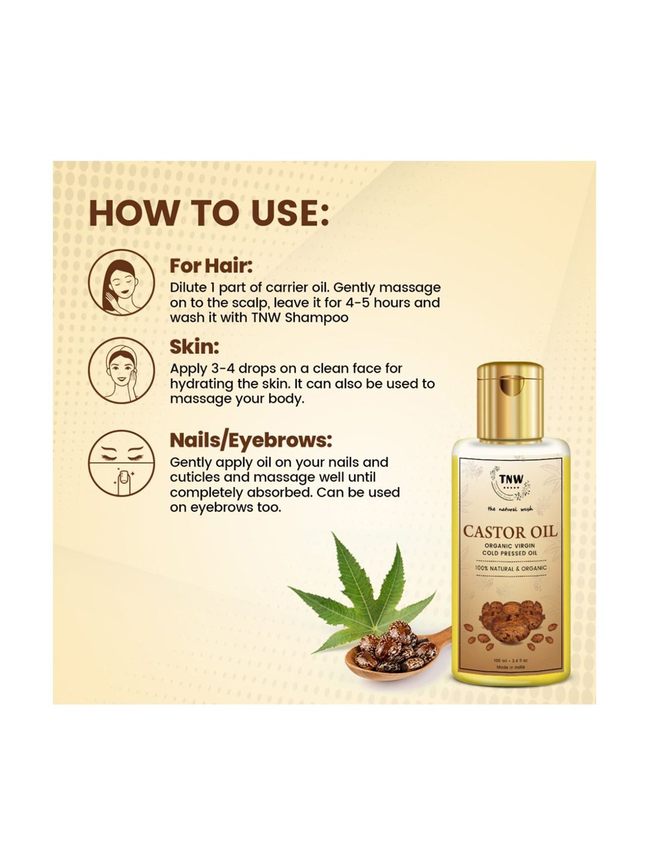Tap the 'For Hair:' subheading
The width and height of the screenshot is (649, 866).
pyautogui.click(x=211, y=265)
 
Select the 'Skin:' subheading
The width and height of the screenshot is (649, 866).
pyautogui.click(x=194, y=347)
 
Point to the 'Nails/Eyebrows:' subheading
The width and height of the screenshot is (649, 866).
pyautogui.click(x=251, y=440)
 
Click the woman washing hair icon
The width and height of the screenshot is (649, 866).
pyautogui.click(x=121, y=282)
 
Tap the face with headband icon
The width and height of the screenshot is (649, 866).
pyautogui.click(x=121, y=370)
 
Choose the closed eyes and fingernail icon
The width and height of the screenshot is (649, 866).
pyautogui.click(x=121, y=463)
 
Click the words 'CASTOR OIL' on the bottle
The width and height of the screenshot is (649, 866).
pyautogui.click(x=510, y=531)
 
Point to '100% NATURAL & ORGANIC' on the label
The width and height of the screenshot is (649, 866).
pyautogui.click(x=511, y=568)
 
